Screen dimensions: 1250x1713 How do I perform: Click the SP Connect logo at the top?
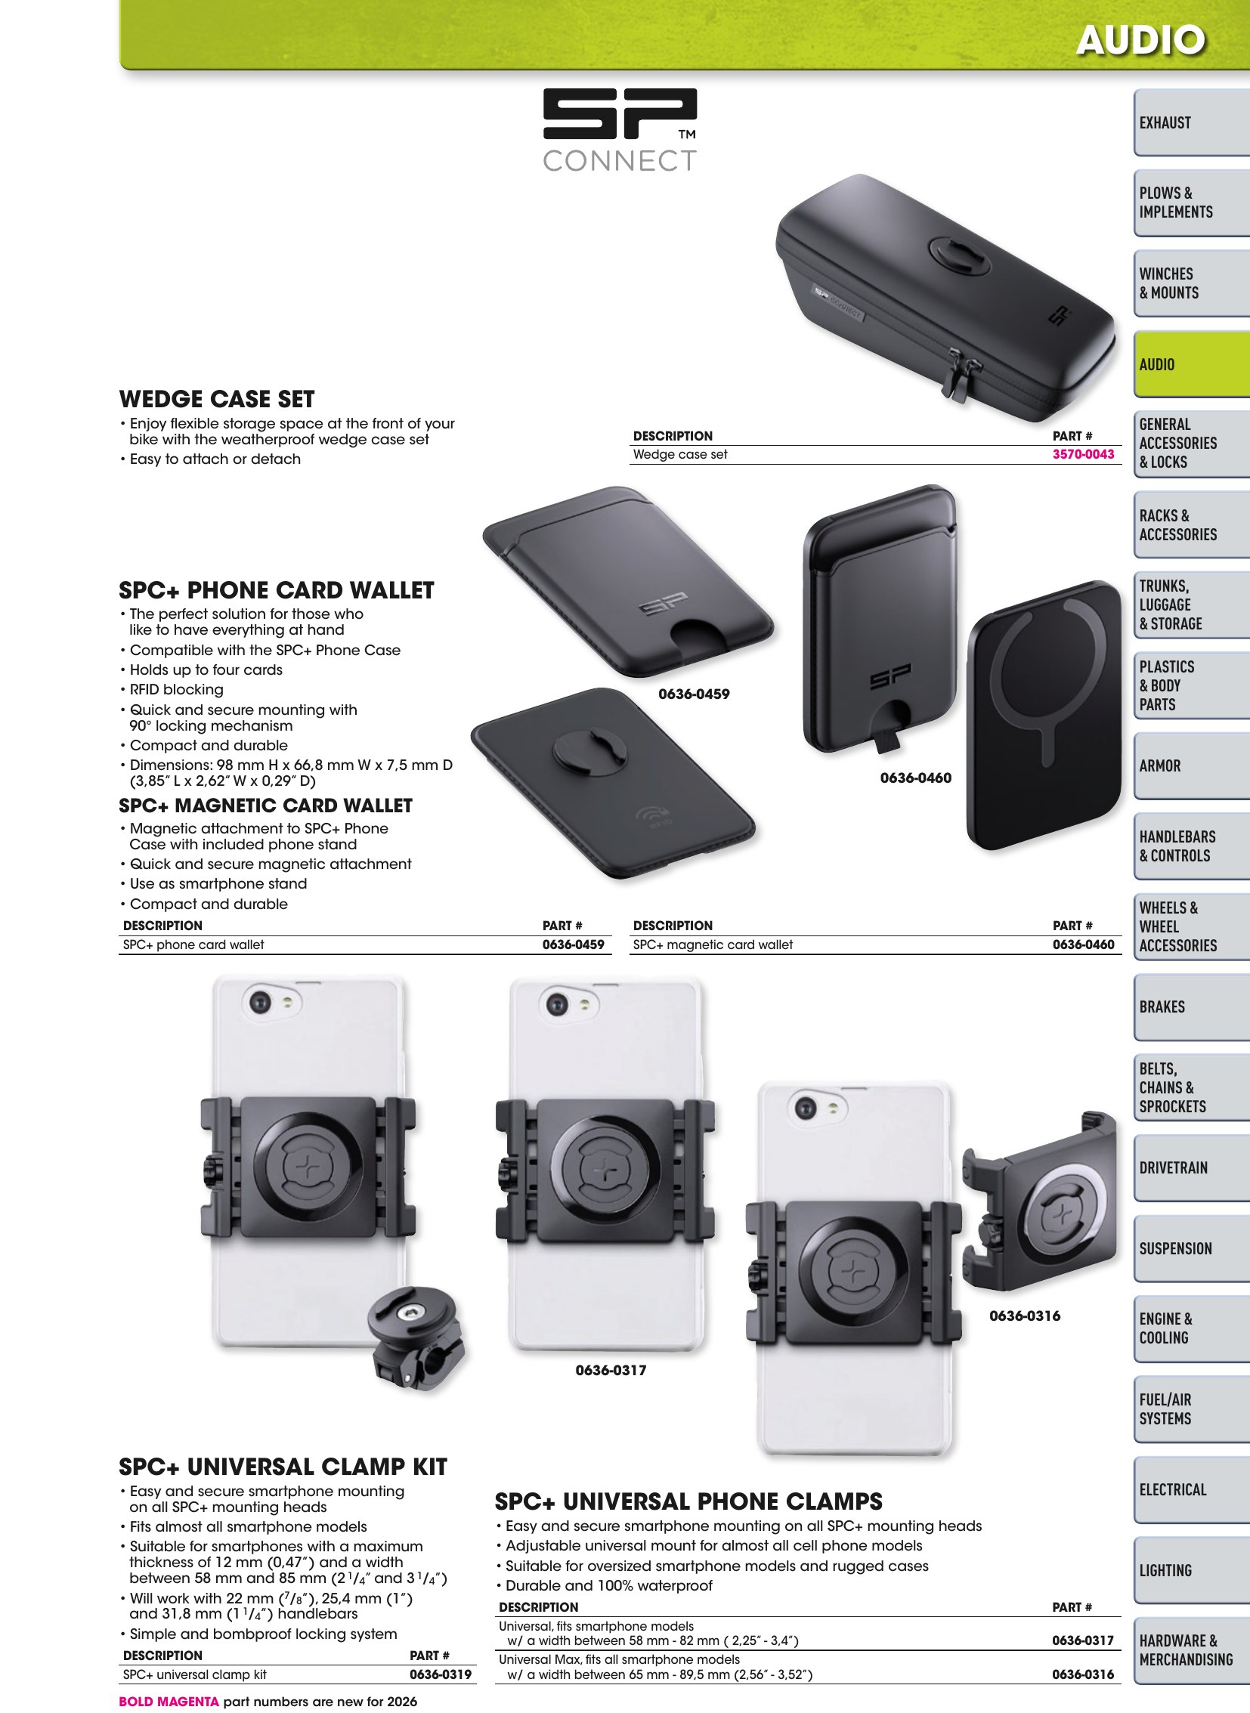pyautogui.click(x=620, y=129)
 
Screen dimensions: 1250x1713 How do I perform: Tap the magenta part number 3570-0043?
pyautogui.click(x=1083, y=455)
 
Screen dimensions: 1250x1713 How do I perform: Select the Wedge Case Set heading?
pyautogui.click(x=216, y=399)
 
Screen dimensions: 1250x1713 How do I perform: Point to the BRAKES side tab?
pyautogui.click(x=1191, y=1007)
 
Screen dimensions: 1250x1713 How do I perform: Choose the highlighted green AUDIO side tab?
pyautogui.click(x=1191, y=365)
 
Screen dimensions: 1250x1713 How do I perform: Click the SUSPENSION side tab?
pyautogui.click(x=1191, y=1248)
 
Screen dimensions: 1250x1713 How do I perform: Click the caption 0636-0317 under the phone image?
pyautogui.click(x=611, y=1370)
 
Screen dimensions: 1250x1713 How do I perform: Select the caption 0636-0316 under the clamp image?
pyautogui.click(x=1025, y=1316)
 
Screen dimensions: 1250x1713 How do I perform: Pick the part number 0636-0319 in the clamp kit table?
pyautogui.click(x=441, y=1674)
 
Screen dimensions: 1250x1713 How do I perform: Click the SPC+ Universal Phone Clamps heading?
pyautogui.click(x=688, y=1501)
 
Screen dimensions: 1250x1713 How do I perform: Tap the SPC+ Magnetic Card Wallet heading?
pyautogui.click(x=265, y=805)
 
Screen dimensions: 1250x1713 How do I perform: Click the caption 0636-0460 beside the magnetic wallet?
pyautogui.click(x=915, y=778)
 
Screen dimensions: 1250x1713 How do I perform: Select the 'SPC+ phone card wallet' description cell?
pyautogui.click(x=193, y=945)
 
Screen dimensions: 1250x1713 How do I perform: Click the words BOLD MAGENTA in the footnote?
pyautogui.click(x=169, y=1702)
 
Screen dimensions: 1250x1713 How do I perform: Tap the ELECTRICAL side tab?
pyautogui.click(x=1191, y=1490)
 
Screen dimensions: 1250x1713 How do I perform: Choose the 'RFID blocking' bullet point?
pyautogui.click(x=176, y=689)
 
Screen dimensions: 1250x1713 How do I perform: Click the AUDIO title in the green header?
pyautogui.click(x=1140, y=40)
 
